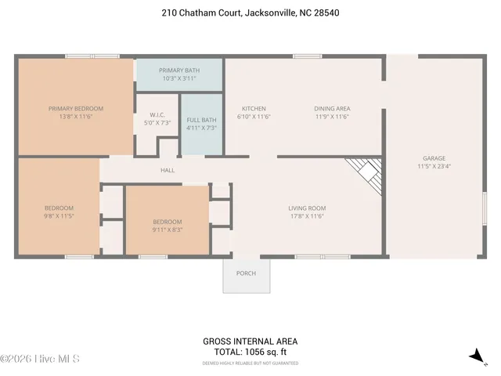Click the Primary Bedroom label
[76, 109]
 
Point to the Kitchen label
[254, 109]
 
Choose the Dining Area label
[332, 109]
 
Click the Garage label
[434, 157]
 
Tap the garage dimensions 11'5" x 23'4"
[434, 166]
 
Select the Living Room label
[307, 208]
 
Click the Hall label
[168, 170]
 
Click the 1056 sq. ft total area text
[250, 352]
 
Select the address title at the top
[250, 13]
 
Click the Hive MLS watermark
[41, 359]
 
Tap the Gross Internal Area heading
[250, 342]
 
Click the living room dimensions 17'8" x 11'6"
[307, 216]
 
